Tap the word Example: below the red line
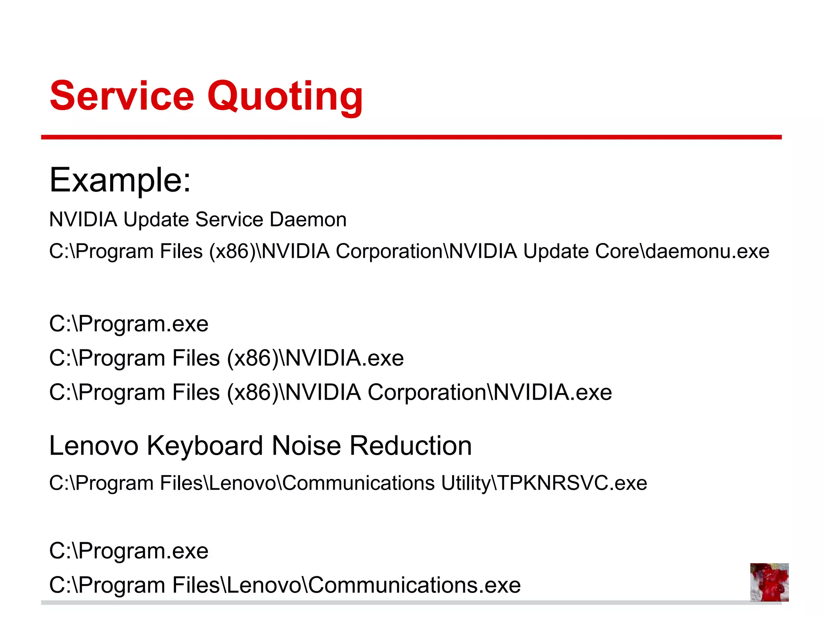[x=120, y=180]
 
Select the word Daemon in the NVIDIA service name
[x=308, y=220]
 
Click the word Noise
[x=306, y=446]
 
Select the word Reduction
[x=411, y=446]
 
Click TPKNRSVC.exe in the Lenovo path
[x=573, y=483]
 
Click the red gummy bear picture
[x=769, y=582]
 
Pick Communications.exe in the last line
[x=414, y=585]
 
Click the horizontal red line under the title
[x=411, y=137]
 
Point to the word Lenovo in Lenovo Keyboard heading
[x=94, y=446]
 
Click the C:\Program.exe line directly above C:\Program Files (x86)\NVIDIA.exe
[x=129, y=324]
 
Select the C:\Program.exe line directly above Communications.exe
[x=129, y=551]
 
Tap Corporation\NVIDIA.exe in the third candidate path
[x=489, y=392]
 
